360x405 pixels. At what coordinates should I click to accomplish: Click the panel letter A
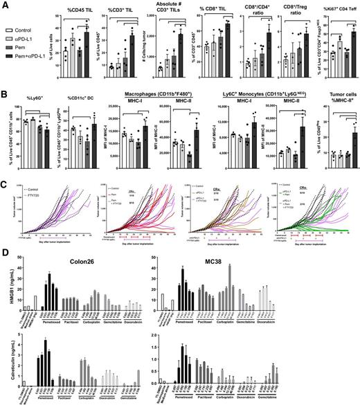[5, 6]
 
